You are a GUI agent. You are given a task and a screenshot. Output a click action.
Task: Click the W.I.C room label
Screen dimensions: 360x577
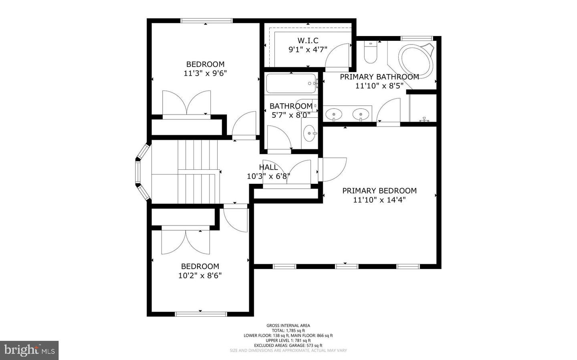coord(308,40)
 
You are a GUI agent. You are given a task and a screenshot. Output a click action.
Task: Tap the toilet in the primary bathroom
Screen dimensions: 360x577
coord(371,54)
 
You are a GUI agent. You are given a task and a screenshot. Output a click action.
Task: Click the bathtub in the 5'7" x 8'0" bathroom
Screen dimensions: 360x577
coord(291,84)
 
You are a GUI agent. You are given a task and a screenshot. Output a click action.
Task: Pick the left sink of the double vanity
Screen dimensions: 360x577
coord(333,114)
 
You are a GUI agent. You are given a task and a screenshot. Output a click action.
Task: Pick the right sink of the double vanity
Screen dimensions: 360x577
coord(361,114)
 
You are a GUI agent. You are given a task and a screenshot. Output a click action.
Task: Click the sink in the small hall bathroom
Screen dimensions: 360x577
coord(310,133)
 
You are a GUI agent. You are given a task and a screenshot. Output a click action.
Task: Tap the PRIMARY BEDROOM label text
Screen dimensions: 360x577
coord(379,191)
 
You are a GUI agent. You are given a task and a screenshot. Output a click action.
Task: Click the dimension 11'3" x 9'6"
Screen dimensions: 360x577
coord(206,73)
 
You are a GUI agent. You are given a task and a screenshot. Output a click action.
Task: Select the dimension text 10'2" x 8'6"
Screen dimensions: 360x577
coord(200,276)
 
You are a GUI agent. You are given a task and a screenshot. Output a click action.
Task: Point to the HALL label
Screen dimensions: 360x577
coord(268,167)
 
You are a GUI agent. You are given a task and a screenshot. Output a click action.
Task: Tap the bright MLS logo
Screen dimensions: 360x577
coord(29,350)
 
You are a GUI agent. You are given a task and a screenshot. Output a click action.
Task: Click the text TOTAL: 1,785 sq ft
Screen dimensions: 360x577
coord(288,330)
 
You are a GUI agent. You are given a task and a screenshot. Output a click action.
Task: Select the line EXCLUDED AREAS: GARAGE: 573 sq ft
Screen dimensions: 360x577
coord(288,345)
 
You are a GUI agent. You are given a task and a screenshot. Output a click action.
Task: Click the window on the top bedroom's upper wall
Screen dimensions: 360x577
coord(206,21)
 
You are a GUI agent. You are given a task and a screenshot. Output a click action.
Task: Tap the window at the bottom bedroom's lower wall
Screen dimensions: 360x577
coord(201,314)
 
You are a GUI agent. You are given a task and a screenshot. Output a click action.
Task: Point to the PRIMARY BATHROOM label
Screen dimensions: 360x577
coord(379,76)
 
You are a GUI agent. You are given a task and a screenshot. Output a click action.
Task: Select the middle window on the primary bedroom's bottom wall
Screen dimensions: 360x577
coord(347,266)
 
